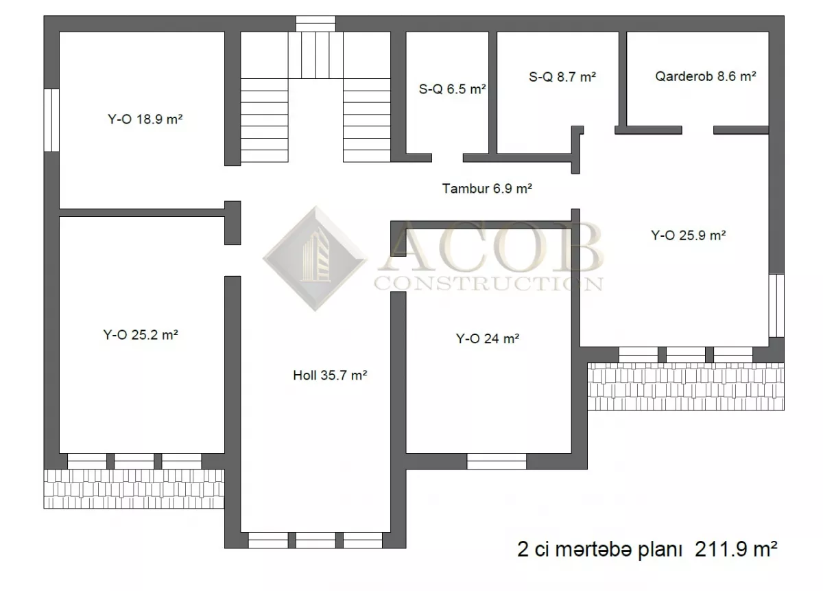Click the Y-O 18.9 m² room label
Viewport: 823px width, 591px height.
pos(145,119)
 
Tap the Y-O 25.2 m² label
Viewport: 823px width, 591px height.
pos(141,335)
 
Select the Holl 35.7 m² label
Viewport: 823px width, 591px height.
pos(330,375)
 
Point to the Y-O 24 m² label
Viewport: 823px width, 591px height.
pos(488,338)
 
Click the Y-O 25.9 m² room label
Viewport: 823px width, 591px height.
pos(688,235)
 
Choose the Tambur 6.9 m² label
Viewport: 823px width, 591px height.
pos(487,188)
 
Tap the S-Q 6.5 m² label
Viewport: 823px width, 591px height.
pos(452,89)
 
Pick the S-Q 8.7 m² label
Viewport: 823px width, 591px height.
pos(562,77)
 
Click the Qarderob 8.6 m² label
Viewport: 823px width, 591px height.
pos(706,76)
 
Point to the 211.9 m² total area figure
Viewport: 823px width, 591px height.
pos(736,549)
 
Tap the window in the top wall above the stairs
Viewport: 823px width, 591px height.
pos(315,23)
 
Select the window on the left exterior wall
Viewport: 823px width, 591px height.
pos(51,120)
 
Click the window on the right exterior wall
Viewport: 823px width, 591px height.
pos(776,305)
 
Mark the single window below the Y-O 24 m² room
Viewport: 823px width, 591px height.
pos(497,461)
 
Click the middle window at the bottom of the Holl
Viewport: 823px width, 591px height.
pos(315,540)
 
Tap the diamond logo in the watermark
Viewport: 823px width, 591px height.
pos(315,259)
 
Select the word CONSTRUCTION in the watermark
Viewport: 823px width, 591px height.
pos(488,283)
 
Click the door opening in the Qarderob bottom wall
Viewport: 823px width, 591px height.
pos(697,130)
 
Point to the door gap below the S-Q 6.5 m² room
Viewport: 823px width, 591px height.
pos(447,158)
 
